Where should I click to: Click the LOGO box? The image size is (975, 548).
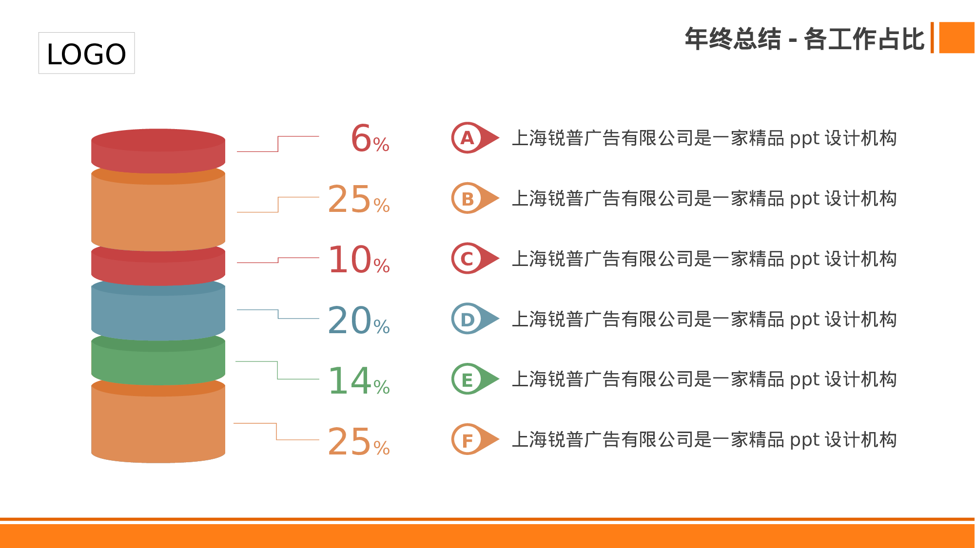86,53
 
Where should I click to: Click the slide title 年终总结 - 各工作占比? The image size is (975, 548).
804,39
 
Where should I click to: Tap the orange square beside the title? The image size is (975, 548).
956,38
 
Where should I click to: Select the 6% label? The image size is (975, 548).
370,139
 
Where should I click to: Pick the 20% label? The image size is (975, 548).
359,321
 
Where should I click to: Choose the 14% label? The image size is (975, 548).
359,381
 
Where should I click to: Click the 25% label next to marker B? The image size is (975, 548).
359,199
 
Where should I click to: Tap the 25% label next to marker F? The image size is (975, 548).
359,442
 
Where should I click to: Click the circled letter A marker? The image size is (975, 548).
468,138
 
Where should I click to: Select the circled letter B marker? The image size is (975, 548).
468,198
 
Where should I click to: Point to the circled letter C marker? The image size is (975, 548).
468,259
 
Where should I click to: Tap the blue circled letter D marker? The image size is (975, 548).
468,319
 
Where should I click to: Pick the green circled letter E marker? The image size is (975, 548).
468,379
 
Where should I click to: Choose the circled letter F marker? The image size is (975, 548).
468,440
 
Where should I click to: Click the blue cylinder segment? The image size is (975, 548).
158,314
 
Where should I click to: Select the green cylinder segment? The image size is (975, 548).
158,365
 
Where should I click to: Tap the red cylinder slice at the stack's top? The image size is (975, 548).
158,151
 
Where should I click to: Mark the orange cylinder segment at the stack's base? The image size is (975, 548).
158,424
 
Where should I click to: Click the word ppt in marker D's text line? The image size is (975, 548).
804,320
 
